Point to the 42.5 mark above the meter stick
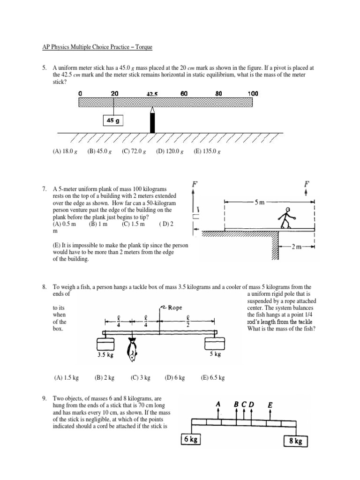tap(152, 94)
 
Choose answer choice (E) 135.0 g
tap(207, 151)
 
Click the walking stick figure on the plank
tap(285, 218)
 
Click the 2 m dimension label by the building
tap(296, 247)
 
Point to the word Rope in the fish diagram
tap(175, 307)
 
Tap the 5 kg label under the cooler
tap(215, 355)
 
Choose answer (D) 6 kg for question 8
tap(175, 377)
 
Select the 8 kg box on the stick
tap(295, 441)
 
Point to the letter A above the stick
tap(218, 404)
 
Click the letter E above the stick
tap(270, 404)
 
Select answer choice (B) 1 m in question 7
tap(98, 224)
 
